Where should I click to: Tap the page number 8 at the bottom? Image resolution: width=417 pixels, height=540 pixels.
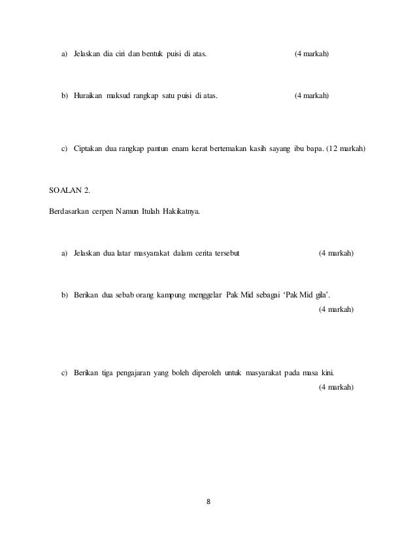[208, 502]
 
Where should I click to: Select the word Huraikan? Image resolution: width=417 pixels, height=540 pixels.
[88, 96]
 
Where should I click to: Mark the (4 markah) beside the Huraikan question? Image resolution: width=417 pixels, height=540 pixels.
[311, 96]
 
